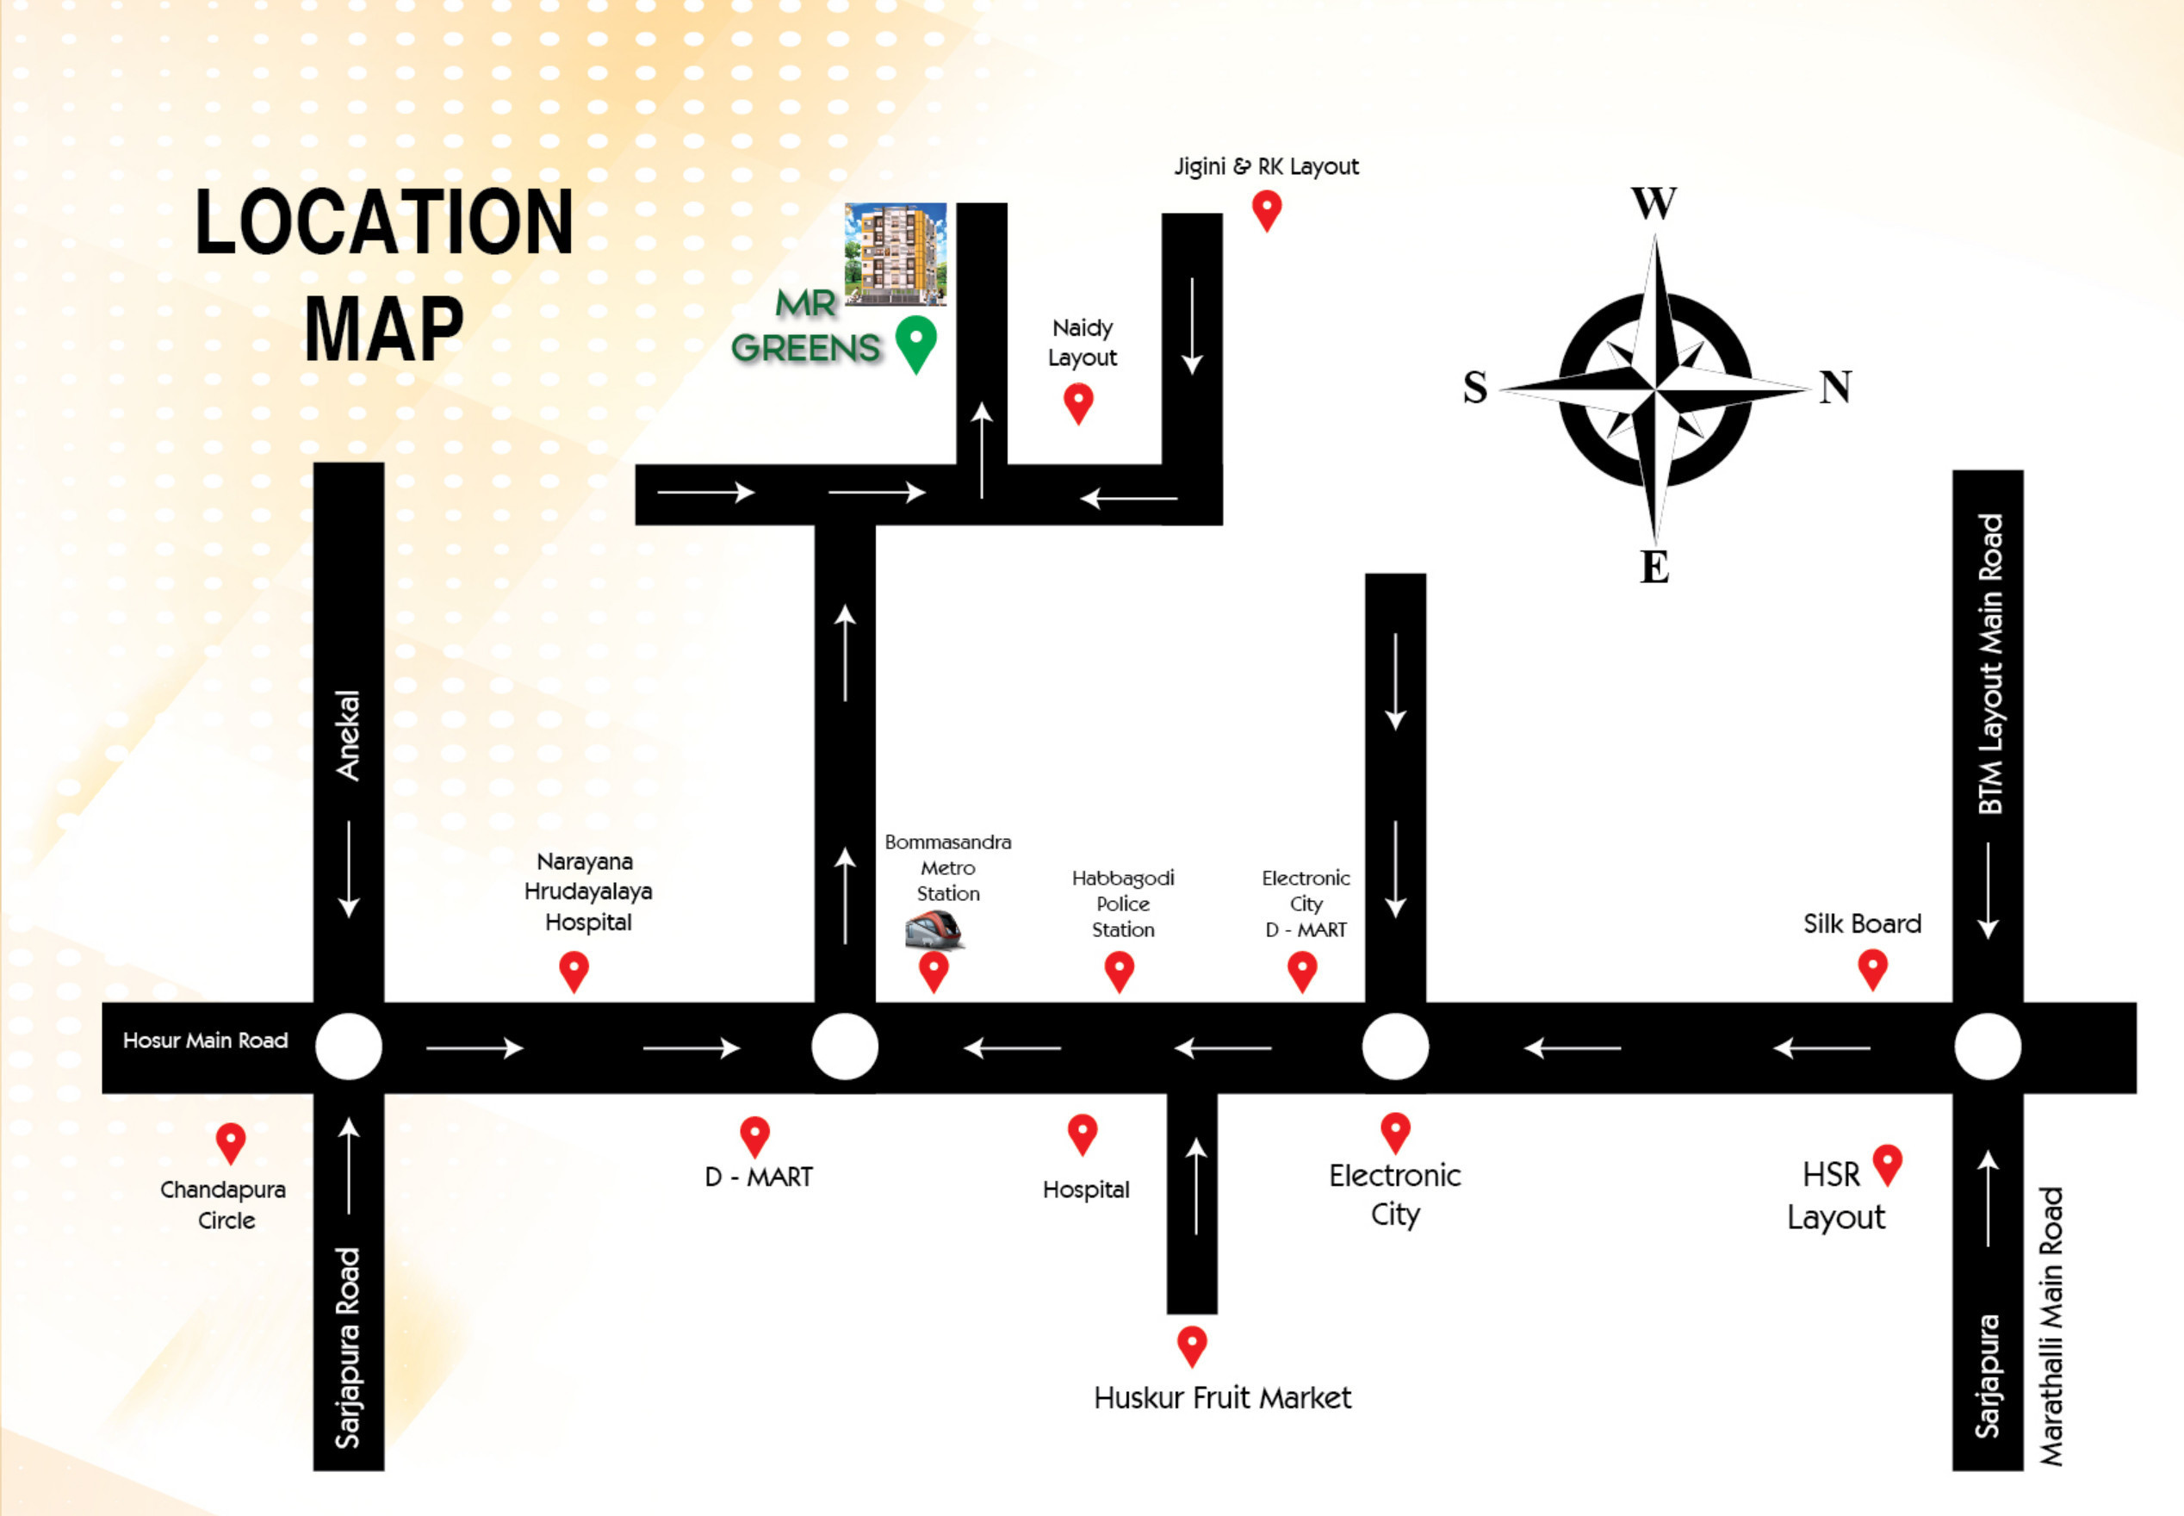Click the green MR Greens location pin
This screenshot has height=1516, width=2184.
[915, 342]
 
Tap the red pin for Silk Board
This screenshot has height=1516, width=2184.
[1871, 969]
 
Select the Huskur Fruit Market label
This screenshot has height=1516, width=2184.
[1222, 1397]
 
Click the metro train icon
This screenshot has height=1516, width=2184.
[934, 929]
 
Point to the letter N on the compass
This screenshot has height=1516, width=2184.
[1834, 388]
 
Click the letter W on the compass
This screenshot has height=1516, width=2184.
[1654, 203]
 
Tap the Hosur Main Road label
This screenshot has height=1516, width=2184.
[205, 1041]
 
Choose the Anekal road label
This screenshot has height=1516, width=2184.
[349, 736]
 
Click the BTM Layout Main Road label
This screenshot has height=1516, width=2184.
[1989, 664]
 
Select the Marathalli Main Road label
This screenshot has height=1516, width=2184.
[2052, 1326]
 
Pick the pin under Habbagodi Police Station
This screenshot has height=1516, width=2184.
[1120, 971]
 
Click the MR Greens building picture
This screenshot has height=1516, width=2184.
[896, 253]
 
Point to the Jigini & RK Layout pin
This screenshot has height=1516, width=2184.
[1267, 209]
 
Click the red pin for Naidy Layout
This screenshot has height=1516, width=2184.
[1077, 401]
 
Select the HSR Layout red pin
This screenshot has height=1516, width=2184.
[1887, 1163]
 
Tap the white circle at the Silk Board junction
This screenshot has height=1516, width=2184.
[1988, 1047]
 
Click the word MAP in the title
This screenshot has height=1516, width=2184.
[383, 329]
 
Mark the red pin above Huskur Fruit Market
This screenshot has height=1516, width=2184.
[1192, 1345]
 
